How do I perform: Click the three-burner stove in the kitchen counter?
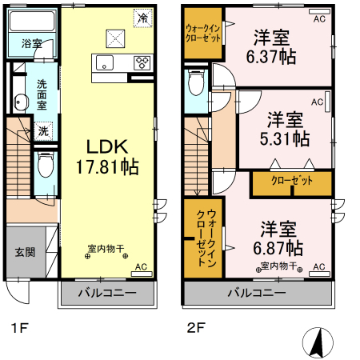click(142, 63)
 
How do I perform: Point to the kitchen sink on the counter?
click(104, 63)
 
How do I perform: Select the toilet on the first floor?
click(46, 166)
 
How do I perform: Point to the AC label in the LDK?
click(141, 267)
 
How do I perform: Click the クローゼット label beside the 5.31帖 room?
click(291, 182)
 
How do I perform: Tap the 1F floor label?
click(20, 327)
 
